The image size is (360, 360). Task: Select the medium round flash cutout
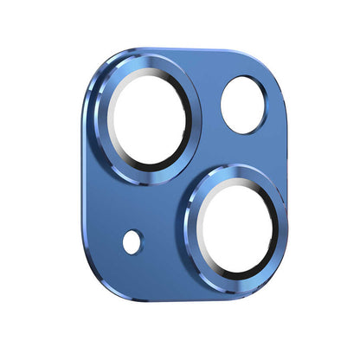tap(242, 104)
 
